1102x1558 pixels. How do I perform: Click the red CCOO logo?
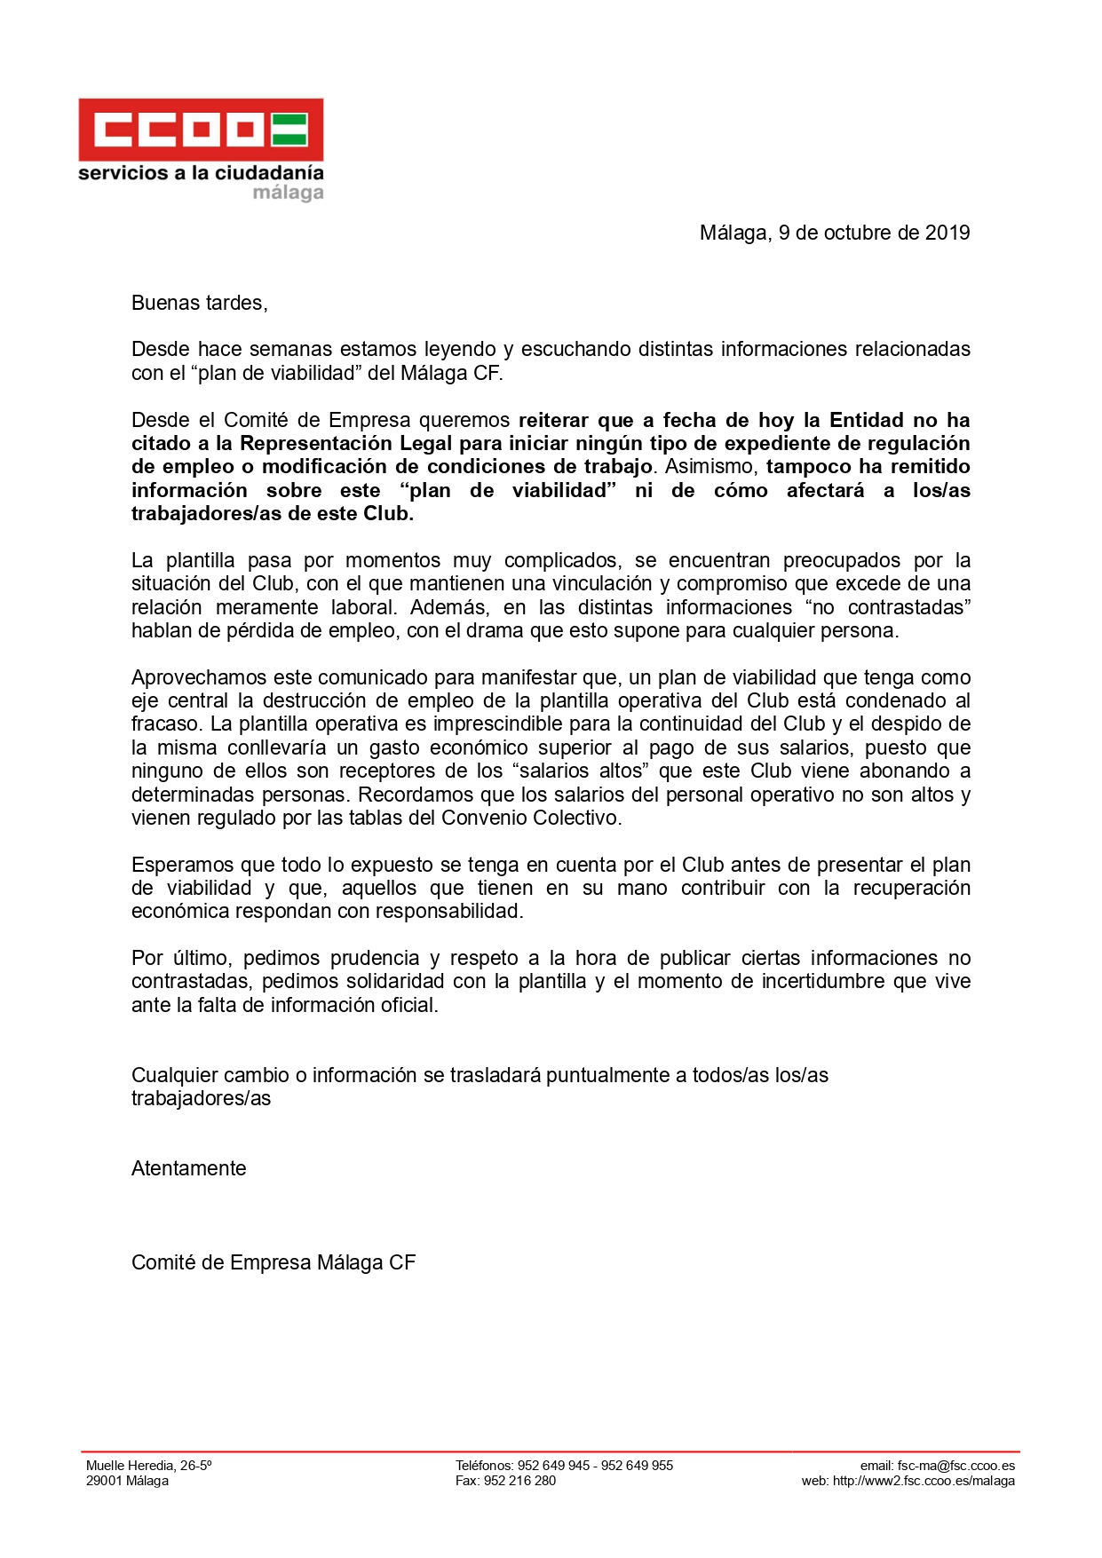click(201, 130)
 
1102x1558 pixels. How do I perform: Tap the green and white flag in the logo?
click(289, 130)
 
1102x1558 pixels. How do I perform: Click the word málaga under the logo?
click(288, 193)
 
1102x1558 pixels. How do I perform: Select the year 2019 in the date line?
click(947, 233)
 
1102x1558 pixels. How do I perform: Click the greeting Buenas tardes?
click(199, 303)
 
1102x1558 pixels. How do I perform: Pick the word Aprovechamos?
click(198, 677)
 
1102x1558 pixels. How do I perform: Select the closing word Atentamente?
click(188, 1168)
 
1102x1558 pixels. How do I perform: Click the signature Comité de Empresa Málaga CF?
click(274, 1262)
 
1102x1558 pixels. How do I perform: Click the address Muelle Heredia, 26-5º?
click(148, 1466)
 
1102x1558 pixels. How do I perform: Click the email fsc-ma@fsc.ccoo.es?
click(955, 1466)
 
